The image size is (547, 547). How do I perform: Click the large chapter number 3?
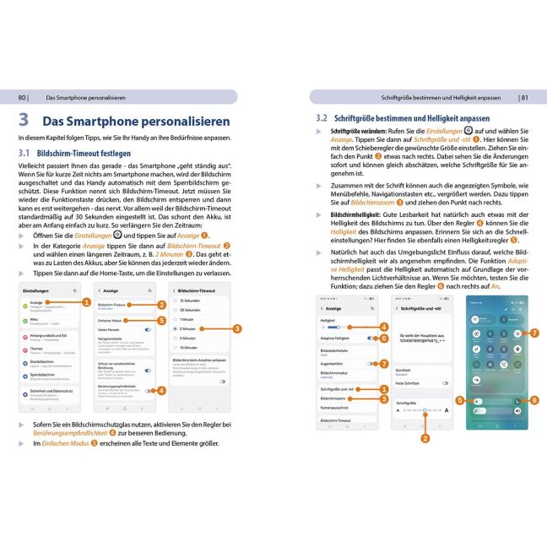pyautogui.click(x=24, y=120)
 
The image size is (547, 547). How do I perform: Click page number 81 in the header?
pyautogui.click(x=523, y=97)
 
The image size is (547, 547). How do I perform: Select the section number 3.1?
pyautogui.click(x=26, y=154)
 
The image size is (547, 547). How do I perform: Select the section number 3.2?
pyautogui.click(x=321, y=119)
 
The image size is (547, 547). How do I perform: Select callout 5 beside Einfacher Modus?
pyautogui.click(x=161, y=320)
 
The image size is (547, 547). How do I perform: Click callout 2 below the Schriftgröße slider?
pyautogui.click(x=425, y=437)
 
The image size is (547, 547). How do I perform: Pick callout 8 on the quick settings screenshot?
pyautogui.click(x=533, y=400)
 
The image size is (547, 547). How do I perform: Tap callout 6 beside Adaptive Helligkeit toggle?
pyautogui.click(x=384, y=338)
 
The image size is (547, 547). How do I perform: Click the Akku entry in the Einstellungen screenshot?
pyautogui.click(x=35, y=319)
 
